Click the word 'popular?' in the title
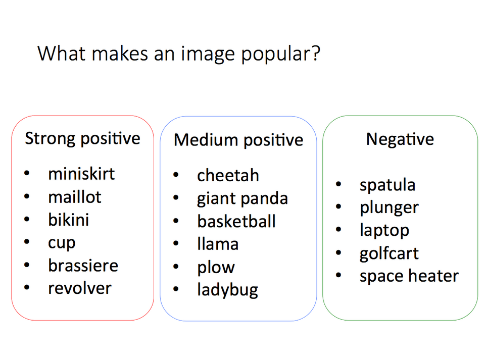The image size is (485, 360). pos(280,55)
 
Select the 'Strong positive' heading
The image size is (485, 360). pos(82,138)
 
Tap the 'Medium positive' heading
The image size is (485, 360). pos(238,140)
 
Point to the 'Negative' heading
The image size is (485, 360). pos(400,139)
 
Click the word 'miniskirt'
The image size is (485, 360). pos(81,174)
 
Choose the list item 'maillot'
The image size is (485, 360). pos(75,197)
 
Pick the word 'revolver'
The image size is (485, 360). pos(79,288)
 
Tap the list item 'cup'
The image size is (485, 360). pos(62,244)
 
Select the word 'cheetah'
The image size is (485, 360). pos(228,176)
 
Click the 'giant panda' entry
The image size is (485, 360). pos(243,199)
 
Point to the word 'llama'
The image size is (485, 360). pos(218,244)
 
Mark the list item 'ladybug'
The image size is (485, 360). pos(228,290)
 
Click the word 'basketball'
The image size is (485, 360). pos(236,221)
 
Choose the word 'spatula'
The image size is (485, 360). pos(387,186)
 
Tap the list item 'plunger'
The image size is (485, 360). pos(389,208)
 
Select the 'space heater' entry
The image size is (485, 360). pos(409,276)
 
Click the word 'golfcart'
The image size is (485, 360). pos(389,254)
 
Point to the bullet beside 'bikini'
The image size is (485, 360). pos(27,219)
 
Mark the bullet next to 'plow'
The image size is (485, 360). pos(176,267)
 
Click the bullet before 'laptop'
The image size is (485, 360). pos(338,230)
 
